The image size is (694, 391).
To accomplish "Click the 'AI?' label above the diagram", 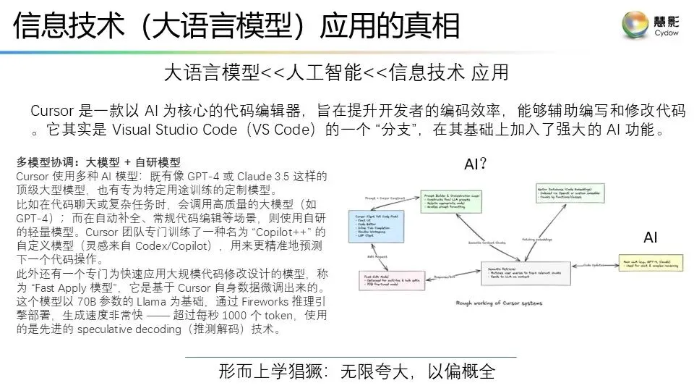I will [474, 164].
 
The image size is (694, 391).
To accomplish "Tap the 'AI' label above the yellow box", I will [650, 237].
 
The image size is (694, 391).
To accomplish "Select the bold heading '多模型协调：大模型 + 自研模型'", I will [98, 162].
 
